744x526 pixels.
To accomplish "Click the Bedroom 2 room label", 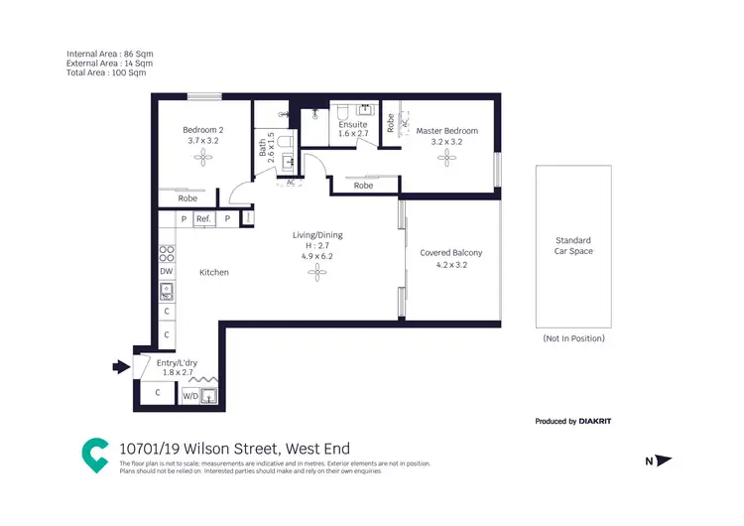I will coord(202,131).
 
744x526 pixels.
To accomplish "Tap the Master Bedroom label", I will coord(446,131).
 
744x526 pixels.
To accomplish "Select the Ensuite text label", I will coord(352,125).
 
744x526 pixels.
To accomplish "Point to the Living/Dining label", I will coord(317,235).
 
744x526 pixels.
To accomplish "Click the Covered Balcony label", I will coord(450,253).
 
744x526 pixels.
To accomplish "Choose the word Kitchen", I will coord(214,272).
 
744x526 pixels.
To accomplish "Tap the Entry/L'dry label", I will coord(178,363).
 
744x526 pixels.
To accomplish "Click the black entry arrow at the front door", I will coord(120,367).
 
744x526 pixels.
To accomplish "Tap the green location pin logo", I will coord(95,455).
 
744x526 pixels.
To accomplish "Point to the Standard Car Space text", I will coord(572,246).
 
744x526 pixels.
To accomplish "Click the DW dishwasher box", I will coord(166,271).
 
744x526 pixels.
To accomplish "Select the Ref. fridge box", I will coord(203,219).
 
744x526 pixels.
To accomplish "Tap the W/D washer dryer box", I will coord(189,396).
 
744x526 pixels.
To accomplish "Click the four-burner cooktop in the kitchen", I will coord(167,252).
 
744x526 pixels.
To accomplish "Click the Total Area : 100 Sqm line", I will coord(106,72).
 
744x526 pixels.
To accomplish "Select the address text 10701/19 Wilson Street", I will coord(234,449).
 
